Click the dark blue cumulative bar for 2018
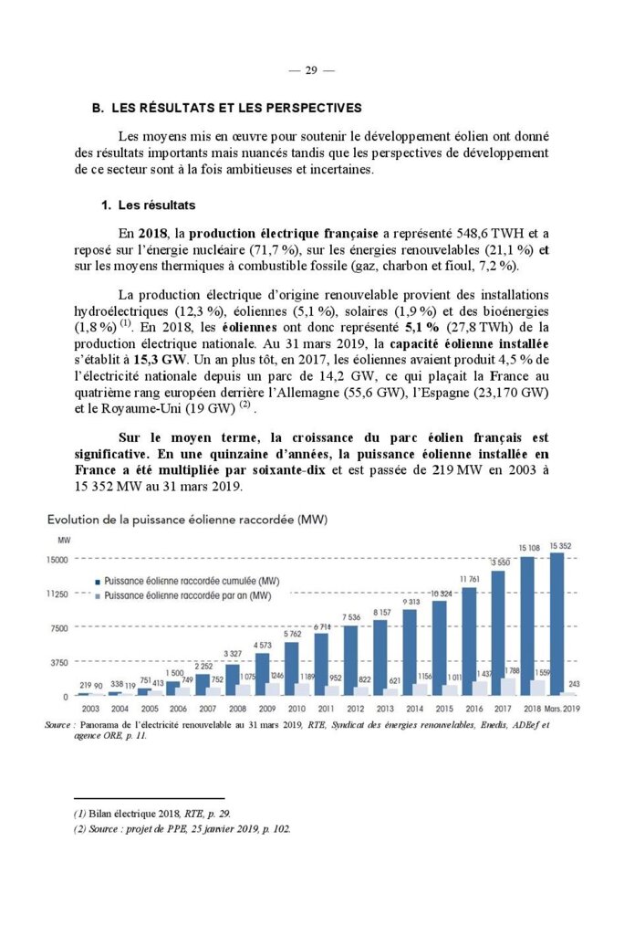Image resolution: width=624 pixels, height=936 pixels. pyautogui.click(x=527, y=626)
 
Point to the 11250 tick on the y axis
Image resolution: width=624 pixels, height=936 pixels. pyautogui.click(x=57, y=594)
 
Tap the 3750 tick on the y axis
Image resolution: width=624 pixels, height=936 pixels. pyautogui.click(x=59, y=662)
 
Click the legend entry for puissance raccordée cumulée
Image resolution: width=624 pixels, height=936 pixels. pyautogui.click(x=191, y=581)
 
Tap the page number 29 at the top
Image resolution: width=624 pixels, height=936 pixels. pyautogui.click(x=311, y=70)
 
